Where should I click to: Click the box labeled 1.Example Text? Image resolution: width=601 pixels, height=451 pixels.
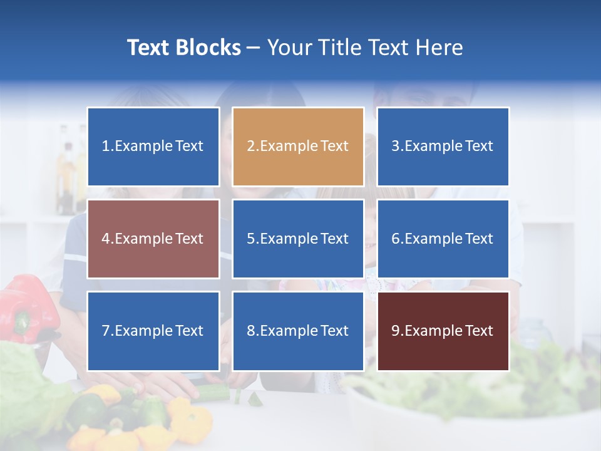click(x=153, y=147)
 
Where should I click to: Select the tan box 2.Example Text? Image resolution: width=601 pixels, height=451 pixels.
click(x=298, y=147)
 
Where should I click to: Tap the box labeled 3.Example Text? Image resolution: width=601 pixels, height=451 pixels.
click(x=443, y=147)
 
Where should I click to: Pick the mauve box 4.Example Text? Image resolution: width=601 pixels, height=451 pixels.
click(x=153, y=239)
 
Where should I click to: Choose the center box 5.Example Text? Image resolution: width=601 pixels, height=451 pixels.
click(x=298, y=239)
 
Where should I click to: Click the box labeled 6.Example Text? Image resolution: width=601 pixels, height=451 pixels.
click(x=443, y=239)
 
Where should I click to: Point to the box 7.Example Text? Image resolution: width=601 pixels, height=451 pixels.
click(x=153, y=331)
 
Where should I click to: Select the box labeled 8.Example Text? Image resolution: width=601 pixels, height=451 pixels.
click(x=298, y=331)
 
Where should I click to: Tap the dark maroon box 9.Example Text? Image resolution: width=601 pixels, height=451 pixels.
click(x=443, y=331)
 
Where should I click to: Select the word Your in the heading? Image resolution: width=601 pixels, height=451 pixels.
click(x=288, y=48)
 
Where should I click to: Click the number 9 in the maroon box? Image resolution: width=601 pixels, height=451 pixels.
click(x=395, y=331)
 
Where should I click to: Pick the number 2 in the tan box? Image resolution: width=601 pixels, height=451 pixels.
click(x=250, y=147)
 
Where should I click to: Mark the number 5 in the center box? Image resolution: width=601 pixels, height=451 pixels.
click(x=250, y=239)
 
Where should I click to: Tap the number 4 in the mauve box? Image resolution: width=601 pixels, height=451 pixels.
click(x=106, y=239)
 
